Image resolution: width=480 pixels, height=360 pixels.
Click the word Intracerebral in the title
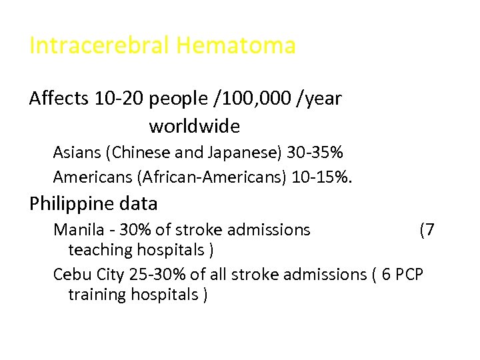[x=100, y=46]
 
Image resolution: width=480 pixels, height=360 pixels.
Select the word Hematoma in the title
[x=236, y=46]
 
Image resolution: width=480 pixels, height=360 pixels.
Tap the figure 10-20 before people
[x=119, y=99]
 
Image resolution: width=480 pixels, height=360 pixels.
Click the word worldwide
[x=194, y=125]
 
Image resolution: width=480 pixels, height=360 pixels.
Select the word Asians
[x=76, y=153]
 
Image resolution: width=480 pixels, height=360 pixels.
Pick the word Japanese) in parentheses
[x=247, y=153]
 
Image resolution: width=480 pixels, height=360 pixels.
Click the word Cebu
[x=69, y=274]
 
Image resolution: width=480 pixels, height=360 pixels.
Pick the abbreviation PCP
[x=408, y=274]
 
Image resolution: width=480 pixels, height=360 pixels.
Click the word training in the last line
[x=100, y=294]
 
